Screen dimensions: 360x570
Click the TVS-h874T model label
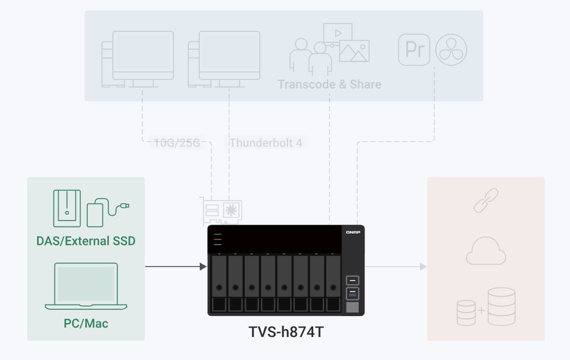(x=286, y=331)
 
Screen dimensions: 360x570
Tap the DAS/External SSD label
(x=86, y=241)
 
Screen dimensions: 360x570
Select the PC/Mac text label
(x=86, y=323)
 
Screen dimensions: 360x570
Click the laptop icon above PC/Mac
(x=86, y=285)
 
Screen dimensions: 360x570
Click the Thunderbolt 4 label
(x=266, y=143)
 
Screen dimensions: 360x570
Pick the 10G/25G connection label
(x=177, y=143)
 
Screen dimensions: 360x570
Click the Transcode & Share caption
(x=329, y=85)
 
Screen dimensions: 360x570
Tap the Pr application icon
(x=414, y=50)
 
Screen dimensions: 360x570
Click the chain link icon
(x=486, y=201)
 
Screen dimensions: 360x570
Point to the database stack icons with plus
(x=486, y=306)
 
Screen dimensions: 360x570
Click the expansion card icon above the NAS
(x=221, y=210)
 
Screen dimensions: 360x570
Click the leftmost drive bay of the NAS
(x=219, y=283)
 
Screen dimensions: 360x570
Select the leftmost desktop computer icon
(x=138, y=58)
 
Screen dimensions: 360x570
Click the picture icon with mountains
(x=354, y=51)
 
